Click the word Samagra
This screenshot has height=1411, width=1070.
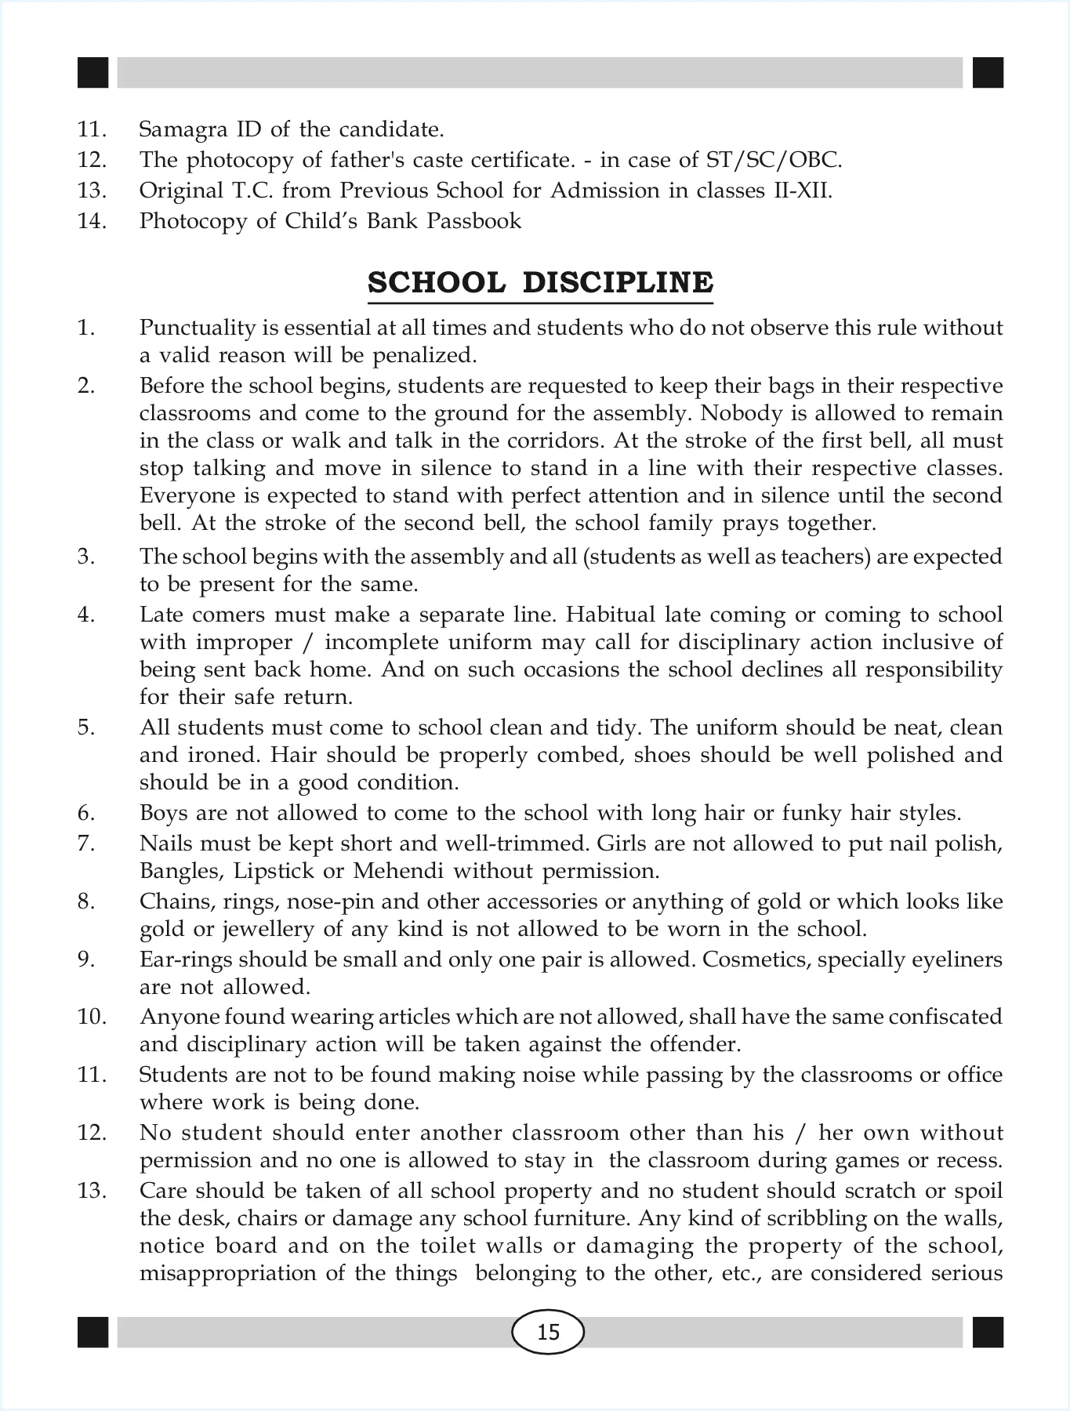(x=177, y=129)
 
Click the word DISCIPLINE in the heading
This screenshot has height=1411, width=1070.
(x=618, y=282)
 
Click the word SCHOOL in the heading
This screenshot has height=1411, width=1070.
(x=437, y=282)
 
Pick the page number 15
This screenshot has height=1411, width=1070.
(x=548, y=1332)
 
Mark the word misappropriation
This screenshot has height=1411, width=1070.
(x=227, y=1273)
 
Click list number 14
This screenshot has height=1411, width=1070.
(x=92, y=221)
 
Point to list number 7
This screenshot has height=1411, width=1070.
(x=86, y=843)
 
